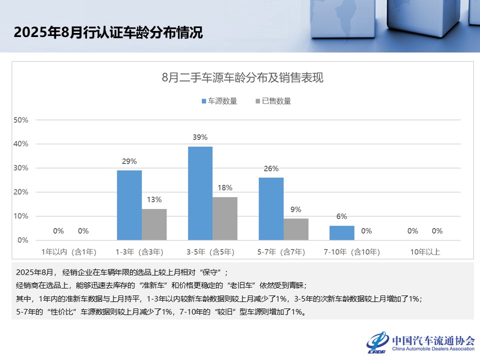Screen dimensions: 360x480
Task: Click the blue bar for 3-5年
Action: click(x=200, y=193)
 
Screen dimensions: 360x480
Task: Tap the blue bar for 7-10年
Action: click(x=341, y=233)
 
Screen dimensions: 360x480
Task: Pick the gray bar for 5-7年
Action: click(x=296, y=229)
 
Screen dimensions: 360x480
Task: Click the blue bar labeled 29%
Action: click(x=129, y=205)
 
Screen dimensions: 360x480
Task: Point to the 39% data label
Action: click(x=200, y=137)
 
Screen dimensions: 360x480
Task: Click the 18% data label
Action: click(x=225, y=188)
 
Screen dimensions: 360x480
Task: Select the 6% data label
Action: click(x=341, y=216)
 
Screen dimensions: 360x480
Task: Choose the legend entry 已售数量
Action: click(x=273, y=101)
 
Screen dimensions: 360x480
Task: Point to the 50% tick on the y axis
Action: click(x=21, y=120)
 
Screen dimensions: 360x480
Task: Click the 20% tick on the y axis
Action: click(x=21, y=192)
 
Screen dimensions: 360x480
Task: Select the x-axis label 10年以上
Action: click(x=425, y=252)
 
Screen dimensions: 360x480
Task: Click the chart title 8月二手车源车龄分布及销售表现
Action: click(x=242, y=78)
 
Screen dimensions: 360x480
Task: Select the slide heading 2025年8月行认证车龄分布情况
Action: click(x=108, y=33)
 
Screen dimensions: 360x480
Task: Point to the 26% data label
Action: click(x=271, y=168)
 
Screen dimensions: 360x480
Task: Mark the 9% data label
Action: click(x=296, y=209)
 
